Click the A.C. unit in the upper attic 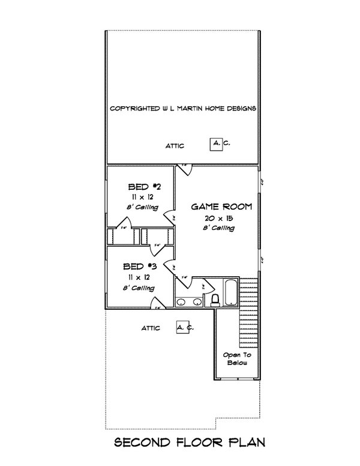pyautogui.click(x=216, y=144)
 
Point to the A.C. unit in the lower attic pyautogui.click(x=182, y=327)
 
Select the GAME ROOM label pyautogui.click(x=221, y=207)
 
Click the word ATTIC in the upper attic pyautogui.click(x=175, y=146)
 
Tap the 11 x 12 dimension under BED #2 pyautogui.click(x=140, y=197)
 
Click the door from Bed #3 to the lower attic pyautogui.click(x=157, y=303)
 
